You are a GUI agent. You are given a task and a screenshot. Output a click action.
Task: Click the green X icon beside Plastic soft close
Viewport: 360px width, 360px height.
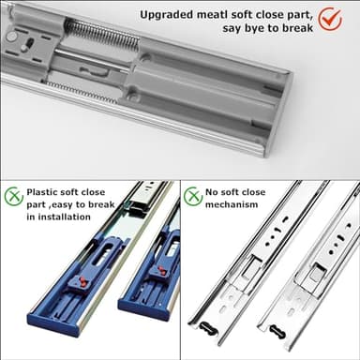point(13,196)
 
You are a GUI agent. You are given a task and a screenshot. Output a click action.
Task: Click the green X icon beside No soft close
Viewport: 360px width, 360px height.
point(192,196)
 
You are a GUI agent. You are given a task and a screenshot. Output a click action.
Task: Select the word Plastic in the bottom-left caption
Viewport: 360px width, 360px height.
point(47,189)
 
